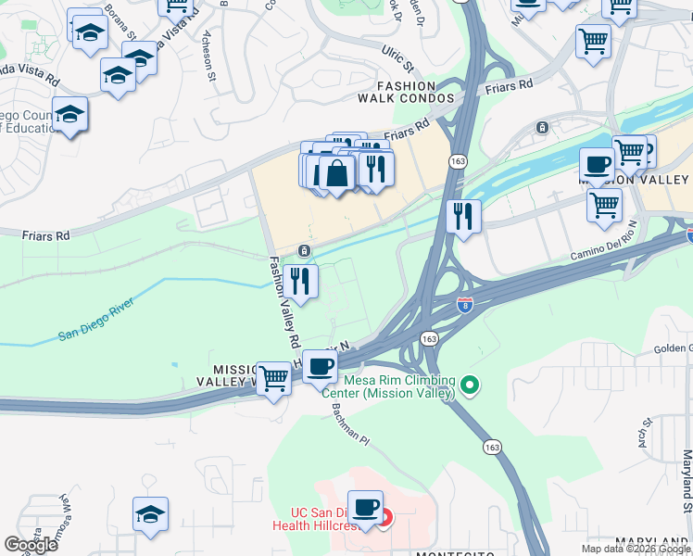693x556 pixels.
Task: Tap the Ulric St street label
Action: (397, 57)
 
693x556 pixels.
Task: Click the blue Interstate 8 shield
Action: (464, 303)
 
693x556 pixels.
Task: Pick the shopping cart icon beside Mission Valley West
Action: (273, 378)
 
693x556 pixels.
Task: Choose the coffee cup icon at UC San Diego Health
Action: (366, 508)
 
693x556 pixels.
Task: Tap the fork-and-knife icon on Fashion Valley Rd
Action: (299, 280)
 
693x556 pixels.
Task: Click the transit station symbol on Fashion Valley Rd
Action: (304, 251)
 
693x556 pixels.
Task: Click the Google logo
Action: (31, 545)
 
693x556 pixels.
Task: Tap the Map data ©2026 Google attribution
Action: (636, 549)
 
